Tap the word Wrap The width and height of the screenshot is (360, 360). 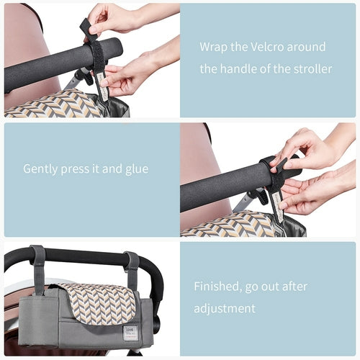click(213, 47)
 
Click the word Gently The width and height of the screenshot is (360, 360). click(42, 168)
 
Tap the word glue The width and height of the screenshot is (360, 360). click(135, 168)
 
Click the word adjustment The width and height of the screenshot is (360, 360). click(224, 308)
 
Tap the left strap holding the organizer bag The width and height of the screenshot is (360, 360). click(37, 268)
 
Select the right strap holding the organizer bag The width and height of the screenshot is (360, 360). click(131, 268)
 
